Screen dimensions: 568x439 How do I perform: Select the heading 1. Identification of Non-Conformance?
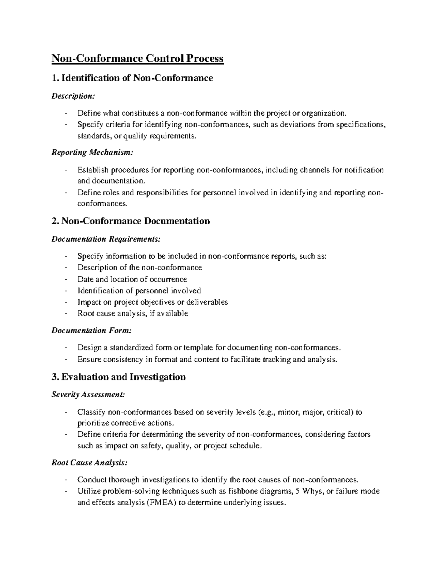coord(132,78)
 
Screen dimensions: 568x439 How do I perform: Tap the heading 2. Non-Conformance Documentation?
coord(131,221)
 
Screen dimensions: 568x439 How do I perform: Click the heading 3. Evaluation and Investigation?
coord(119,377)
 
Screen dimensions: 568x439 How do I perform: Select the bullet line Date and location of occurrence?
coord(132,279)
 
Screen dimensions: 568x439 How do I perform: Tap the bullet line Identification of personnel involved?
coord(139,291)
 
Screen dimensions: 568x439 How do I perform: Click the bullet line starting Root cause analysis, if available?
coord(133,313)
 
